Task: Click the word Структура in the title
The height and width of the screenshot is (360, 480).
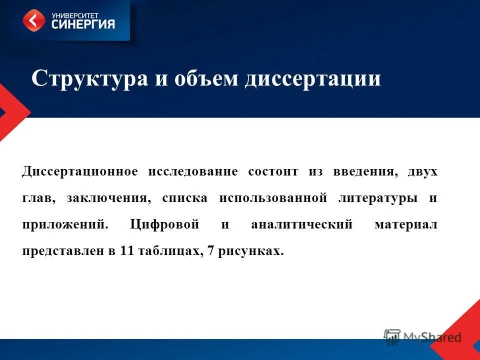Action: [x=89, y=79]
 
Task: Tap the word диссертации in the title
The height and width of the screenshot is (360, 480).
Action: [x=312, y=79]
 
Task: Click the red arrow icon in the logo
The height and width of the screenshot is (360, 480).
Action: [x=33, y=20]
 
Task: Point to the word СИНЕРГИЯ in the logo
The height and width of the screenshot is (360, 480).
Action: [x=83, y=23]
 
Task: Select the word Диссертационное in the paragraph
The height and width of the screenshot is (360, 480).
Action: [x=79, y=172]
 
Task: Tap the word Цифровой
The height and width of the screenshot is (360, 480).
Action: [x=164, y=225]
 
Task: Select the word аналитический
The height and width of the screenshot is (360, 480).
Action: [x=301, y=225]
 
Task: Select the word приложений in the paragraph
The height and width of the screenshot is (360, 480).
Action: [x=64, y=225]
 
